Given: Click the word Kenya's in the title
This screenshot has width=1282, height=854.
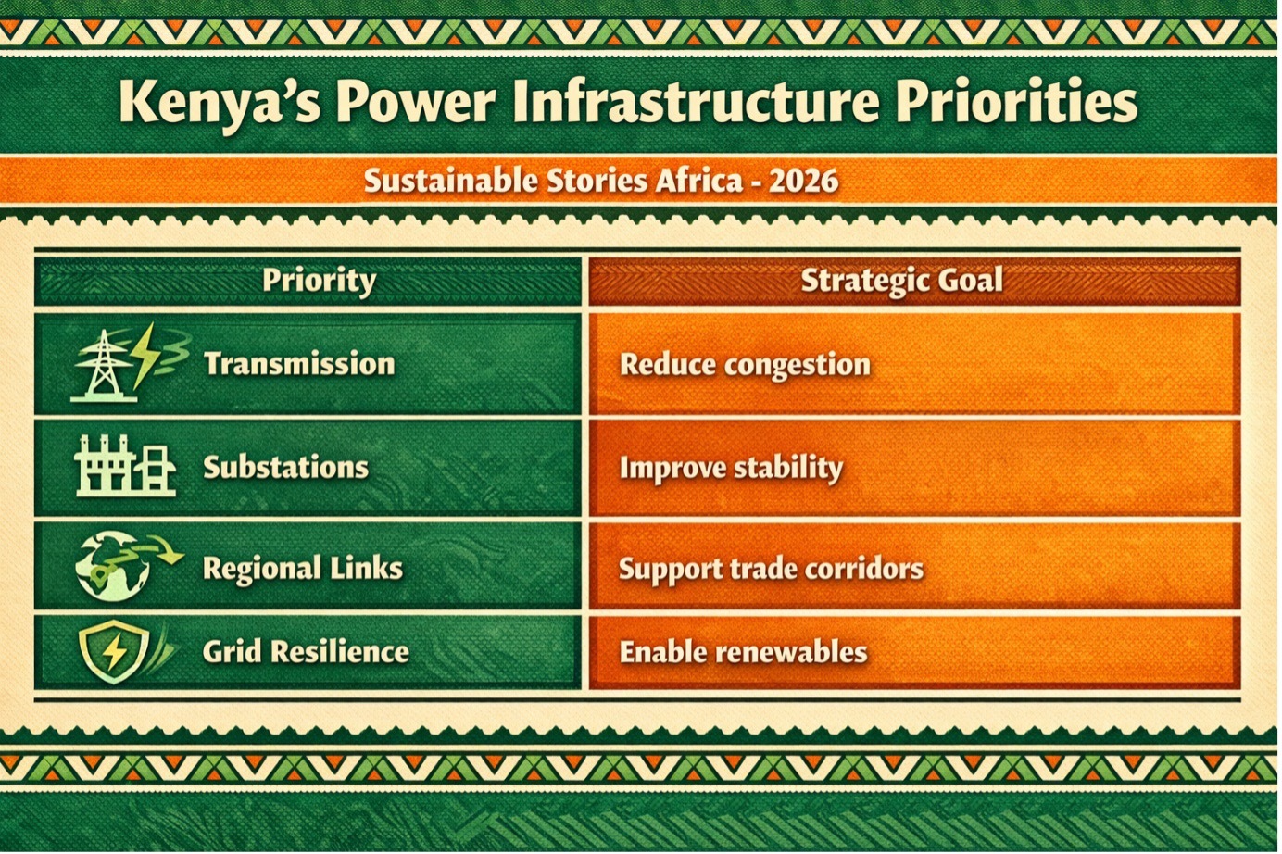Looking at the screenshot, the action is pyautogui.click(x=219, y=103).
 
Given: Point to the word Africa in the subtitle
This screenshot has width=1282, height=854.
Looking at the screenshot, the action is pyautogui.click(x=698, y=181).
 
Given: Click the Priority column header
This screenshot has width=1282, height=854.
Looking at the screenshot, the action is pyautogui.click(x=320, y=281).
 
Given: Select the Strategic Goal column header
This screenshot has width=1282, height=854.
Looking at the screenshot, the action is pyautogui.click(x=901, y=281).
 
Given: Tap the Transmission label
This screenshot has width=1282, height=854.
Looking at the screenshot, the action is pyautogui.click(x=299, y=364).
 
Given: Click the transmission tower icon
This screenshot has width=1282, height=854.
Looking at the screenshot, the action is pyautogui.click(x=103, y=366).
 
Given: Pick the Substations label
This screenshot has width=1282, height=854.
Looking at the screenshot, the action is pyautogui.click(x=285, y=467).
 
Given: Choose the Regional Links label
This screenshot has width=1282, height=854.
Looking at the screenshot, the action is pyautogui.click(x=303, y=569).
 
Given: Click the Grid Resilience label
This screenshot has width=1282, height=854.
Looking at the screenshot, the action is pyautogui.click(x=306, y=652).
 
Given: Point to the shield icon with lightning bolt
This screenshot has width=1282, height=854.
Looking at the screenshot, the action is pyautogui.click(x=115, y=651).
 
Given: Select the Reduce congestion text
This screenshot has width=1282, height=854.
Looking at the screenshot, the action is pyautogui.click(x=745, y=365).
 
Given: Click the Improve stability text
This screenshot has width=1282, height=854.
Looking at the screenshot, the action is pyautogui.click(x=732, y=468).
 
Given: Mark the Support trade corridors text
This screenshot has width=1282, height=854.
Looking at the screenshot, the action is pyautogui.click(x=771, y=570).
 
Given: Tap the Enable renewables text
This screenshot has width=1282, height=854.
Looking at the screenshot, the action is pyautogui.click(x=744, y=652).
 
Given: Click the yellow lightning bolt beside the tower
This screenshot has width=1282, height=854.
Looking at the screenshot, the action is pyautogui.click(x=145, y=356).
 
